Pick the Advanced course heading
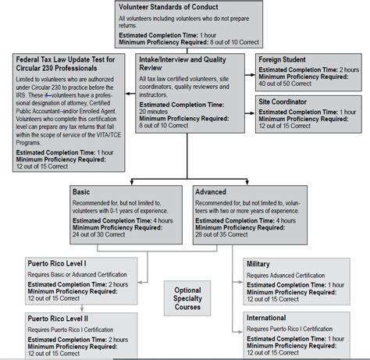click(213, 191)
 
